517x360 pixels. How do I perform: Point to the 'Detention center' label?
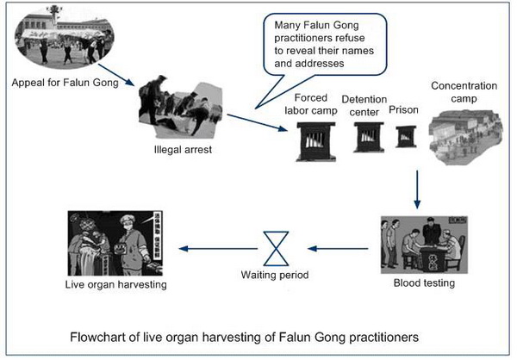[364, 105]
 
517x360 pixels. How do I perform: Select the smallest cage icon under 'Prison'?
[404, 136]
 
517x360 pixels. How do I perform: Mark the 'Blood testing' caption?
[423, 282]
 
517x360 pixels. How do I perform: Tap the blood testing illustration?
[422, 245]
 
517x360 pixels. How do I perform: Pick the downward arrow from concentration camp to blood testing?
[417, 189]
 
